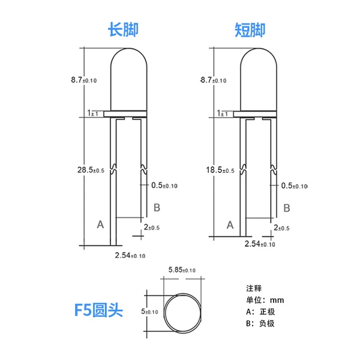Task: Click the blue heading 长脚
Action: (123, 29)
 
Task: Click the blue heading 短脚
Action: (250, 30)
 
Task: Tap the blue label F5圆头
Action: (99, 310)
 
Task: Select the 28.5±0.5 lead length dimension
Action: (91, 170)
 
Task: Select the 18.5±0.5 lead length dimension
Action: (220, 170)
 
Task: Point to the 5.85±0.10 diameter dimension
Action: (182, 270)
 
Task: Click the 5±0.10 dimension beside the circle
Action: (149, 311)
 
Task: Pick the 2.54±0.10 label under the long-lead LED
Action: (130, 256)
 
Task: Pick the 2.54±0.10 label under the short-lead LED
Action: (260, 244)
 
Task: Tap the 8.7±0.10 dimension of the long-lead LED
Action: (84, 80)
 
